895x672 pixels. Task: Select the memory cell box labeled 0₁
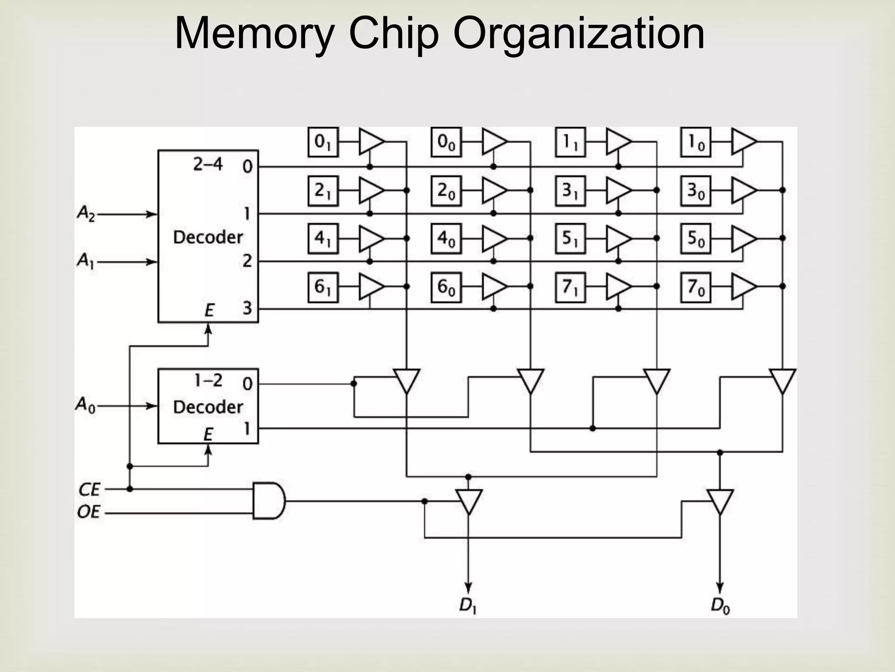click(x=323, y=142)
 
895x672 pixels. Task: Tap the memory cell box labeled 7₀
click(x=695, y=287)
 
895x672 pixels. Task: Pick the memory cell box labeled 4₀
click(x=446, y=239)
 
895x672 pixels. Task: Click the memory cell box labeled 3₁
click(x=570, y=191)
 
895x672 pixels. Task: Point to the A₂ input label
click(x=86, y=214)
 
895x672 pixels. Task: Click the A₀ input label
click(x=85, y=405)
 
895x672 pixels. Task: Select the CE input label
click(x=89, y=489)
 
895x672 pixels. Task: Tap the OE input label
click(x=89, y=511)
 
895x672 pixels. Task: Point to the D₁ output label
click(x=467, y=606)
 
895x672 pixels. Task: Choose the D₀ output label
click(x=720, y=606)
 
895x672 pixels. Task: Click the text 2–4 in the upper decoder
click(x=208, y=165)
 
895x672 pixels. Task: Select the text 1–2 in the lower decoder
click(x=208, y=381)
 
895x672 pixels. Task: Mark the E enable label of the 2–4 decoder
click(x=209, y=311)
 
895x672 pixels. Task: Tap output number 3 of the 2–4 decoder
click(x=247, y=308)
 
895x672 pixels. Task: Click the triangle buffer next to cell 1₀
click(x=742, y=142)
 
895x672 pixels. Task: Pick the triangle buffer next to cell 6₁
click(x=370, y=287)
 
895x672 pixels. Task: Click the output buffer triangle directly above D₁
click(x=468, y=501)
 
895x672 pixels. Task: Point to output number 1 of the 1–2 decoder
click(x=247, y=428)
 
